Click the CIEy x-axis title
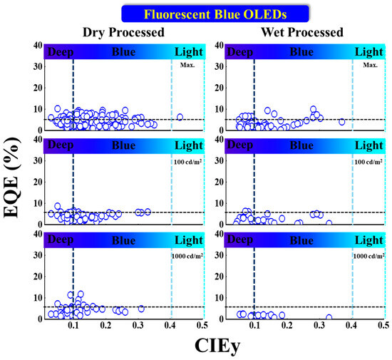[213, 346]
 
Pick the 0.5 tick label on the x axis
[383, 324]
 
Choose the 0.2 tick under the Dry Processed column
[105, 324]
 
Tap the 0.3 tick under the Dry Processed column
[138, 324]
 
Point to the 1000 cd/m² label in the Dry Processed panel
[186, 255]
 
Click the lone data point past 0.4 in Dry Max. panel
[180, 117]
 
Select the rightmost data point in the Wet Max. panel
[342, 122]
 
